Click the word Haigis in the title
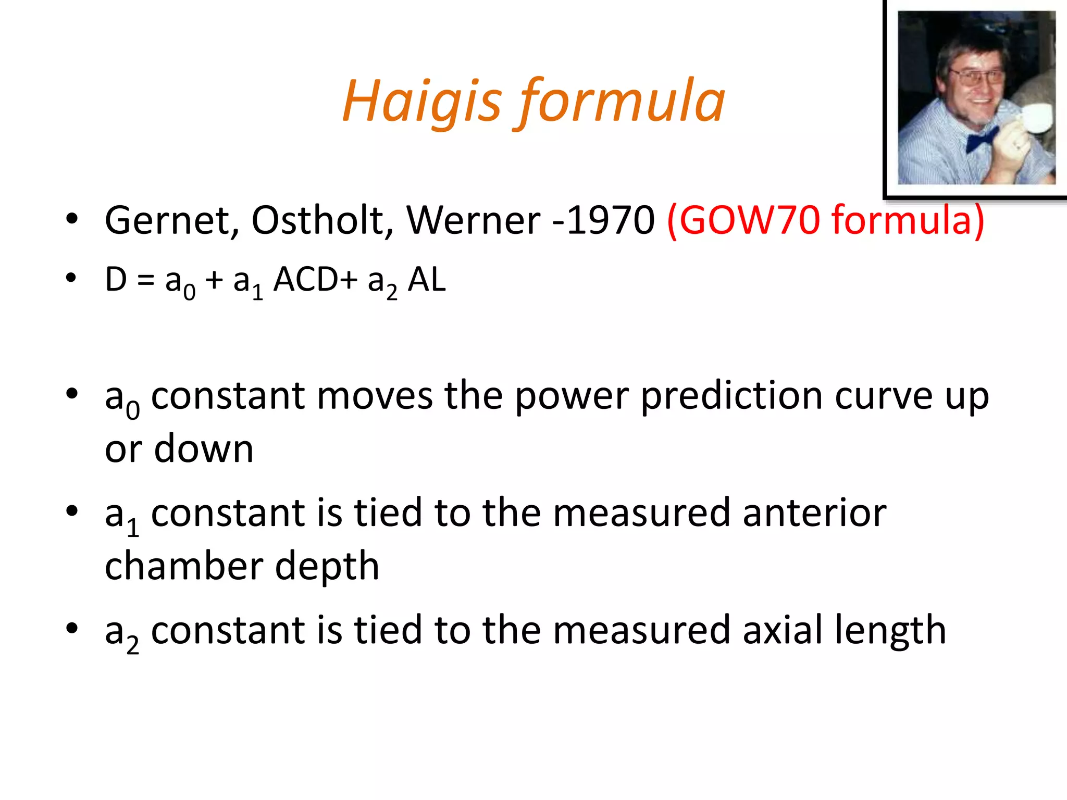(422, 102)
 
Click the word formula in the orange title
(620, 102)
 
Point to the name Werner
(473, 220)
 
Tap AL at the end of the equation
(427, 280)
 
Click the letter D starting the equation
(116, 280)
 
